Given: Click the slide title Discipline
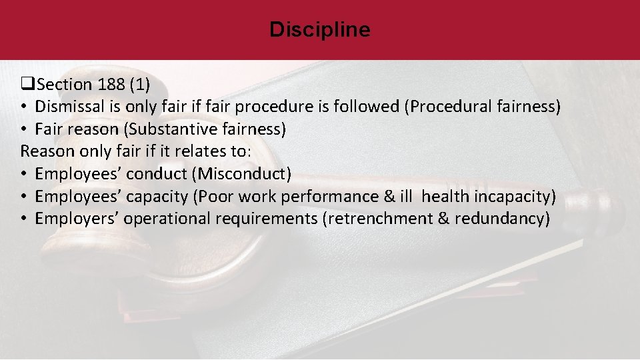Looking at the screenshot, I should pyautogui.click(x=319, y=30).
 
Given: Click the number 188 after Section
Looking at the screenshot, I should pyautogui.click(x=111, y=85).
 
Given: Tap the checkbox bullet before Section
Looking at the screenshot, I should pyautogui.click(x=27, y=85).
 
